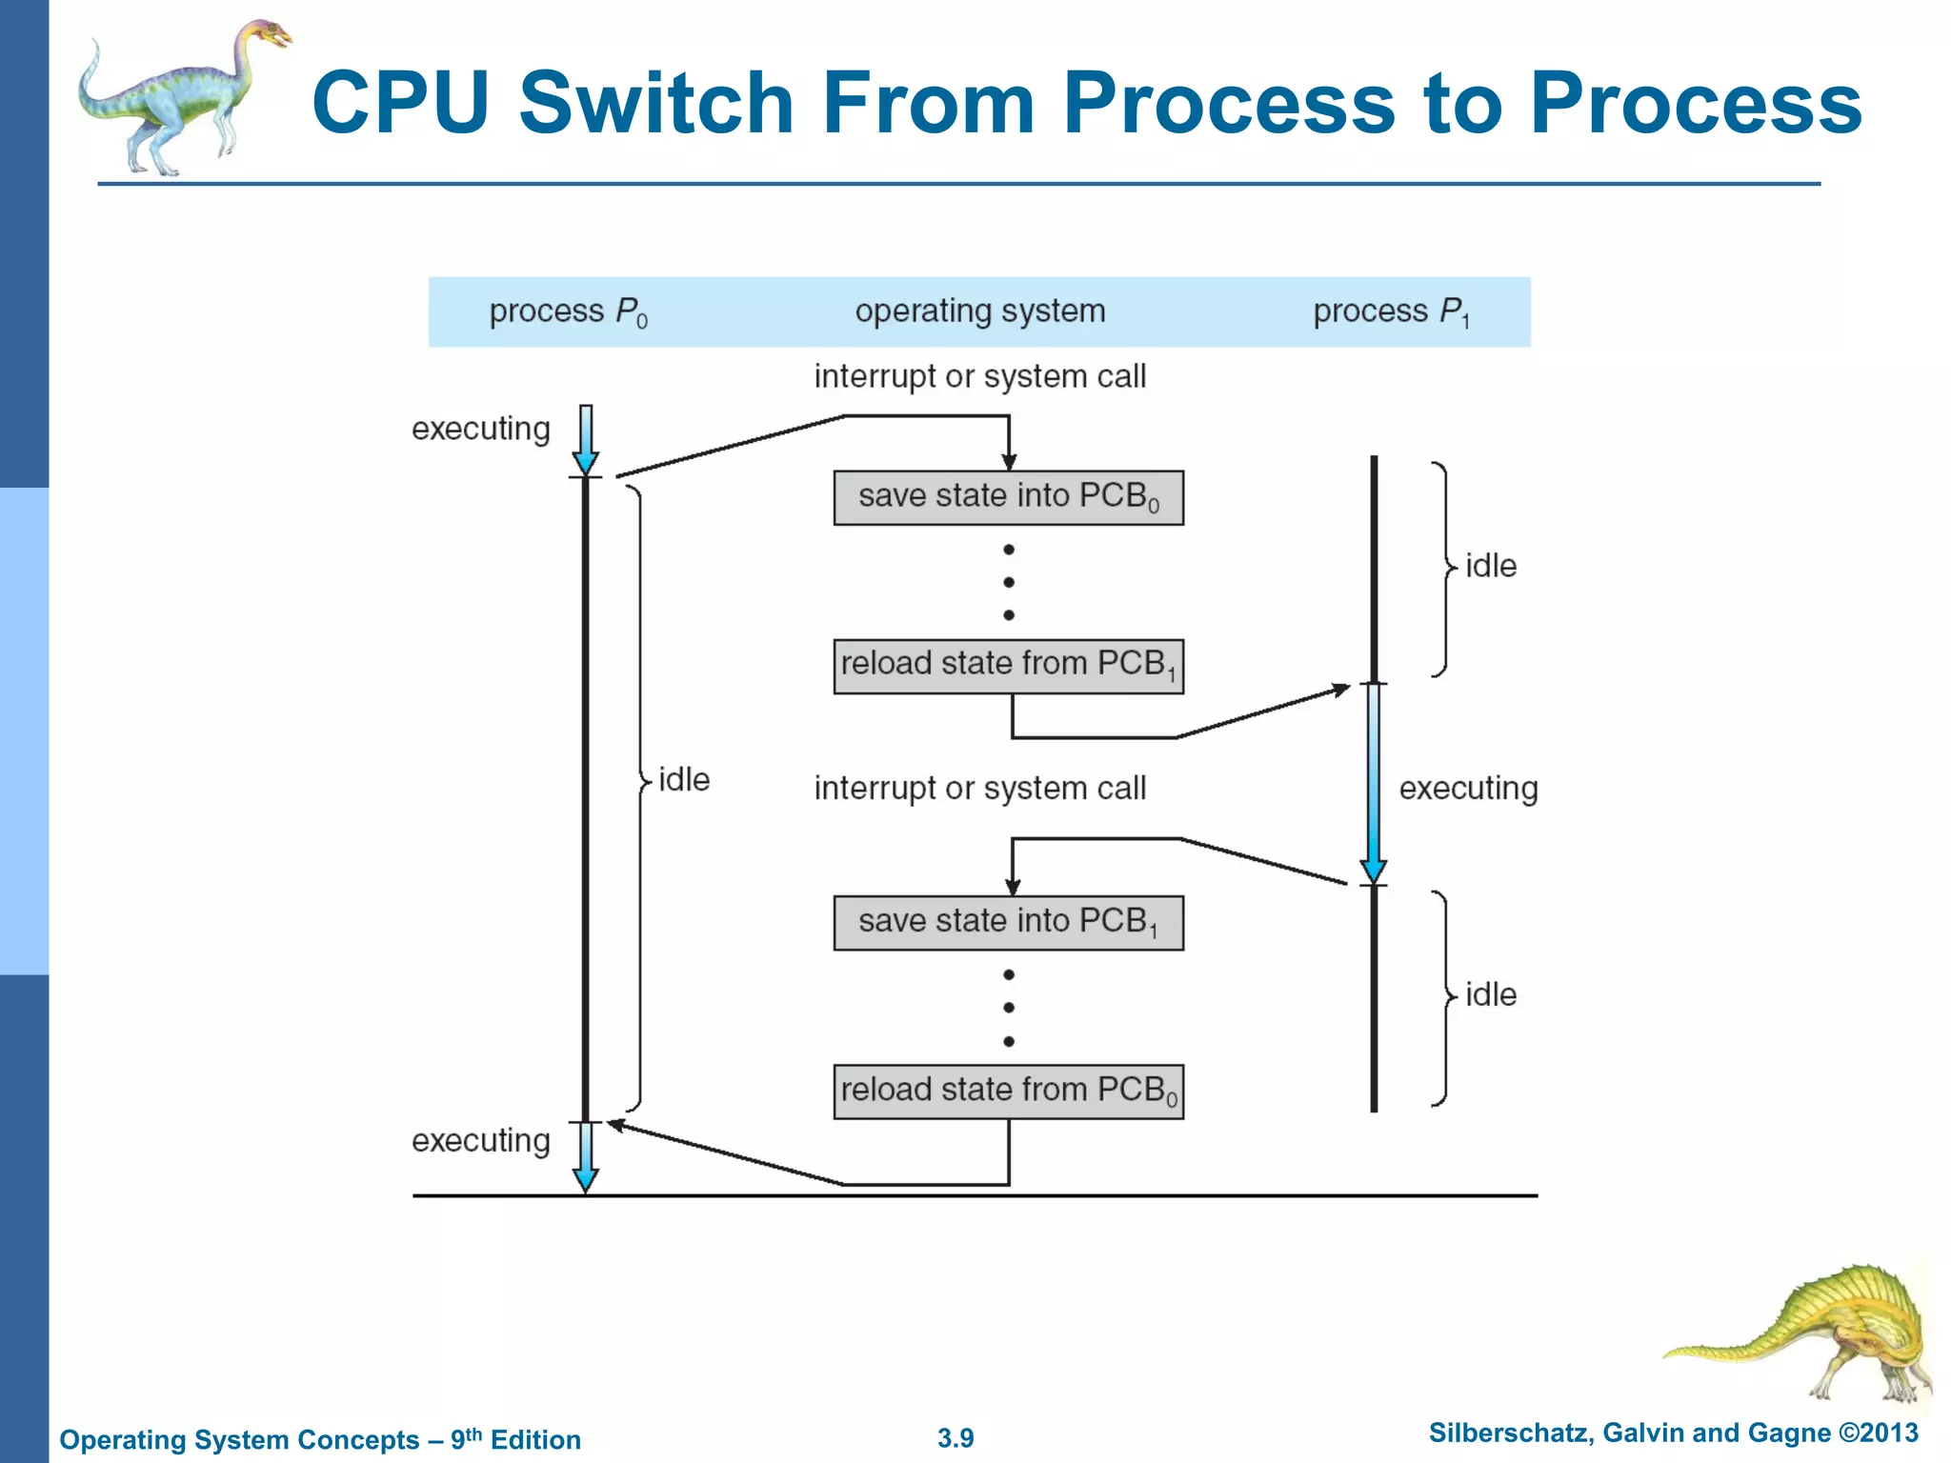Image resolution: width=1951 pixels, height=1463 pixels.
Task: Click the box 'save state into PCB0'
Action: [x=1008, y=497]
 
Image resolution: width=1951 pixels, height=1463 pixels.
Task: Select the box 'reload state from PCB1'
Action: [x=1008, y=666]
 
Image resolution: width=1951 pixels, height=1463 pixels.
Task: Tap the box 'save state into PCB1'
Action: [x=1008, y=922]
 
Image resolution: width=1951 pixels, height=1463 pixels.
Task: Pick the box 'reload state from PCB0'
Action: [x=1008, y=1091]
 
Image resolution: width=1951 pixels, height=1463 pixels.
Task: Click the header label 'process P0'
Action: [x=568, y=312]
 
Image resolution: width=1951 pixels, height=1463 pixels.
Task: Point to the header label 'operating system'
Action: [x=979, y=311]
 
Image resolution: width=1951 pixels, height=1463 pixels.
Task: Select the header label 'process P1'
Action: [x=1391, y=312]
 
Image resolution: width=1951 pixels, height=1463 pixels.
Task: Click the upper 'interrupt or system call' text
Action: [x=979, y=376]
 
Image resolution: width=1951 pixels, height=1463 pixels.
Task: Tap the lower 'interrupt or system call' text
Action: [x=979, y=789]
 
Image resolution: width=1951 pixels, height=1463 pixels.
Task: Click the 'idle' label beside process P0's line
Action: [x=684, y=780]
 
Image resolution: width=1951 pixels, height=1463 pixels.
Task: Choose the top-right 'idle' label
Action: [x=1490, y=566]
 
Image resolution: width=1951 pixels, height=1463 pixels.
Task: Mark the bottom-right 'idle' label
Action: [x=1490, y=995]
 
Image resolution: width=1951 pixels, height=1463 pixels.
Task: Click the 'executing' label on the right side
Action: [x=1468, y=789]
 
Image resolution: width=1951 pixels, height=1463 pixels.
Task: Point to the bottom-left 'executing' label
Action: [x=480, y=1140]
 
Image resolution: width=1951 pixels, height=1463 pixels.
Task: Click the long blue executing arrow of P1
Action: [x=1373, y=781]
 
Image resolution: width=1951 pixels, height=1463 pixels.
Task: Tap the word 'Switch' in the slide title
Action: [x=655, y=103]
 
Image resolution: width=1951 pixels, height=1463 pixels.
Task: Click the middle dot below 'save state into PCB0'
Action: [x=1008, y=582]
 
